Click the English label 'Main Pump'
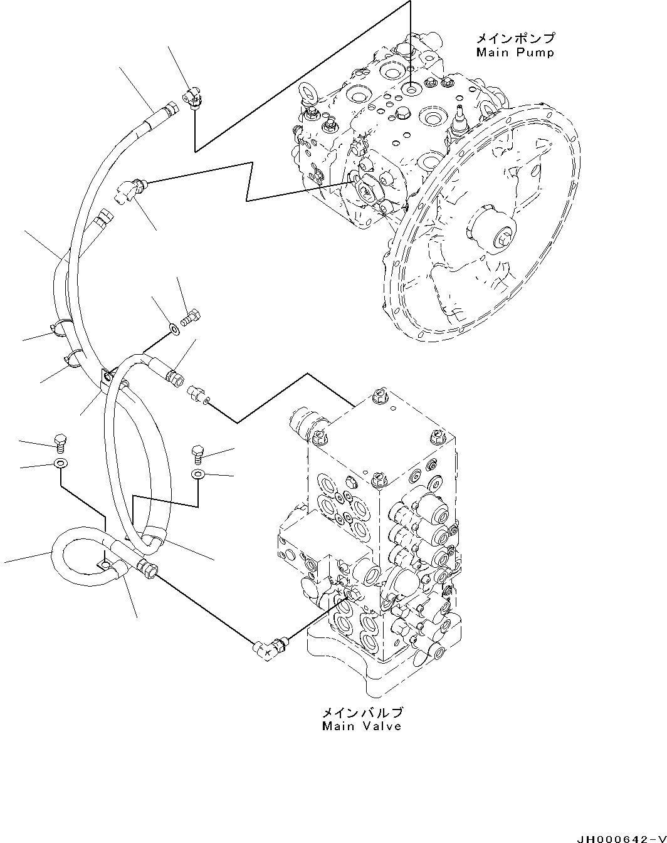point(515,53)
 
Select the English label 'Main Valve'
point(362,726)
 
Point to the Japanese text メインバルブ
point(362,713)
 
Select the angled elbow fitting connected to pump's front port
point(130,187)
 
